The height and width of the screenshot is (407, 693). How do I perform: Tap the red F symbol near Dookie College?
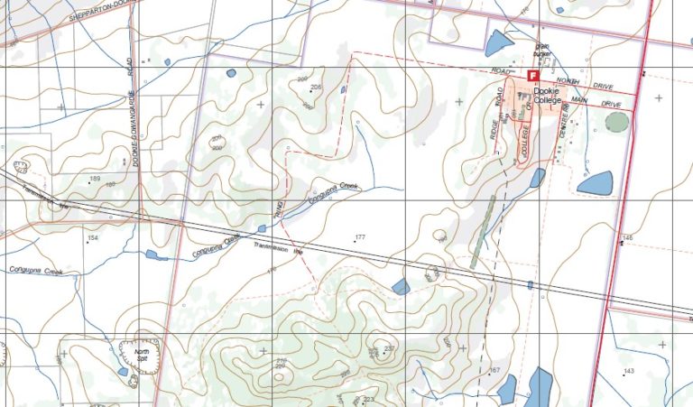pyautogui.click(x=532, y=76)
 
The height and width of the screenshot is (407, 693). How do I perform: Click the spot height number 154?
pyautogui.click(x=92, y=238)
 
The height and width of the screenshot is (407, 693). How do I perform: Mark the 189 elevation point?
pyautogui.click(x=94, y=180)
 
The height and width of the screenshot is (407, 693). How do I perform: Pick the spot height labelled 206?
pyautogui.click(x=316, y=87)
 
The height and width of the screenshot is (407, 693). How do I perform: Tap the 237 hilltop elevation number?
pyautogui.click(x=390, y=348)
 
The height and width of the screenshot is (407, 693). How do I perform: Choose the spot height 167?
pyautogui.click(x=494, y=371)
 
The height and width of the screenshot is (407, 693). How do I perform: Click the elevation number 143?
pyautogui.click(x=629, y=371)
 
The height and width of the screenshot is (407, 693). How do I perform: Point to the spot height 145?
pyautogui.click(x=627, y=237)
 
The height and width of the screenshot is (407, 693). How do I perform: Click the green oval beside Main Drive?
pyautogui.click(x=616, y=121)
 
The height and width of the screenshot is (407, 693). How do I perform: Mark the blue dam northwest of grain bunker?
pyautogui.click(x=498, y=42)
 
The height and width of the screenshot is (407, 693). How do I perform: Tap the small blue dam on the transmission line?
pyautogui.click(x=530, y=284)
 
